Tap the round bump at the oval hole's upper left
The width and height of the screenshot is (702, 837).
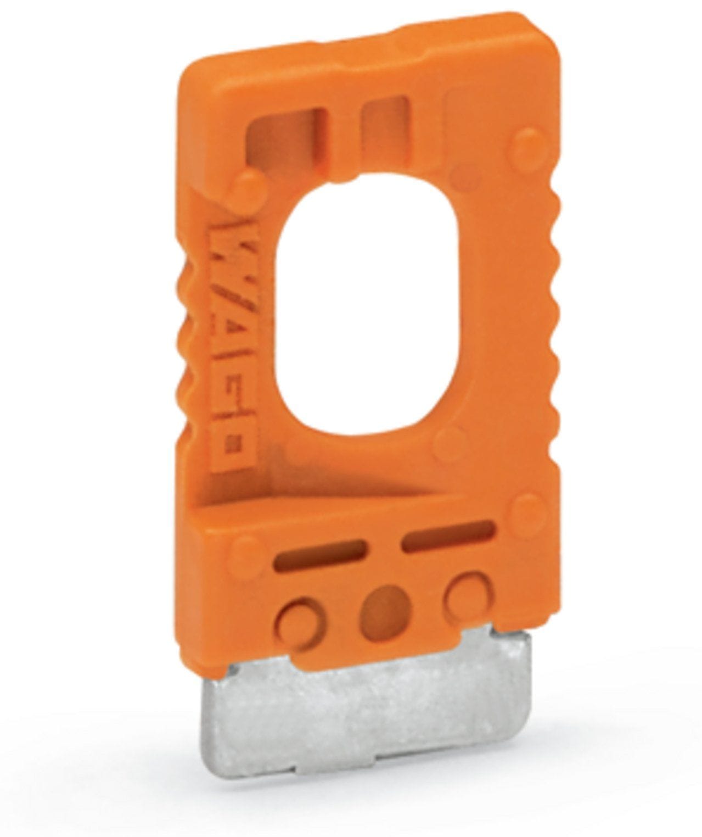(249, 186)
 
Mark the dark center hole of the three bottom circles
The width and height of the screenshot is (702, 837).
(385, 609)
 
